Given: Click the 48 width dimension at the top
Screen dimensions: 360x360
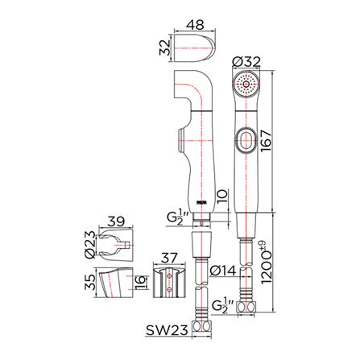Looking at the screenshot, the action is point(196,24).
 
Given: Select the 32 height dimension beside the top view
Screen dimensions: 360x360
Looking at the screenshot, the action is point(165,48).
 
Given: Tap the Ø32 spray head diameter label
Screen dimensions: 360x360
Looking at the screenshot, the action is point(246,62).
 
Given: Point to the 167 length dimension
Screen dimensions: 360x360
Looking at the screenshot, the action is point(265,141).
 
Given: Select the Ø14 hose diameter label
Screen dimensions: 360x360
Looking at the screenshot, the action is point(222,271).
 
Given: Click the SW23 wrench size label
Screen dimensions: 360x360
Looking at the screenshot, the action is point(167,330).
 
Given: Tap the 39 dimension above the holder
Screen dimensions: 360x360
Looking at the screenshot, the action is point(116,221).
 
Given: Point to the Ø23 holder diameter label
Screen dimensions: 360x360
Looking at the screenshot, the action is point(90,245).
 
